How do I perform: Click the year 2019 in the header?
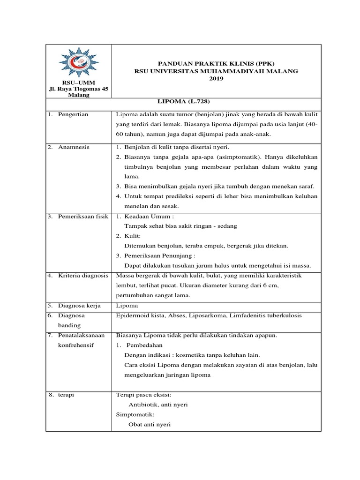point(216,79)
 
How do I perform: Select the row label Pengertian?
point(73,114)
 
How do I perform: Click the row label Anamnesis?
point(74,147)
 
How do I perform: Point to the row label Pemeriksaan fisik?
point(83,217)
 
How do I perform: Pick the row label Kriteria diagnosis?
point(83,276)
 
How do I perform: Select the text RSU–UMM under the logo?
point(78,82)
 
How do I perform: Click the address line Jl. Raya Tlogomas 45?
point(78,89)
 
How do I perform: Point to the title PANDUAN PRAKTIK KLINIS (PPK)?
point(216,63)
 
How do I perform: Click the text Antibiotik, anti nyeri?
point(158,405)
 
